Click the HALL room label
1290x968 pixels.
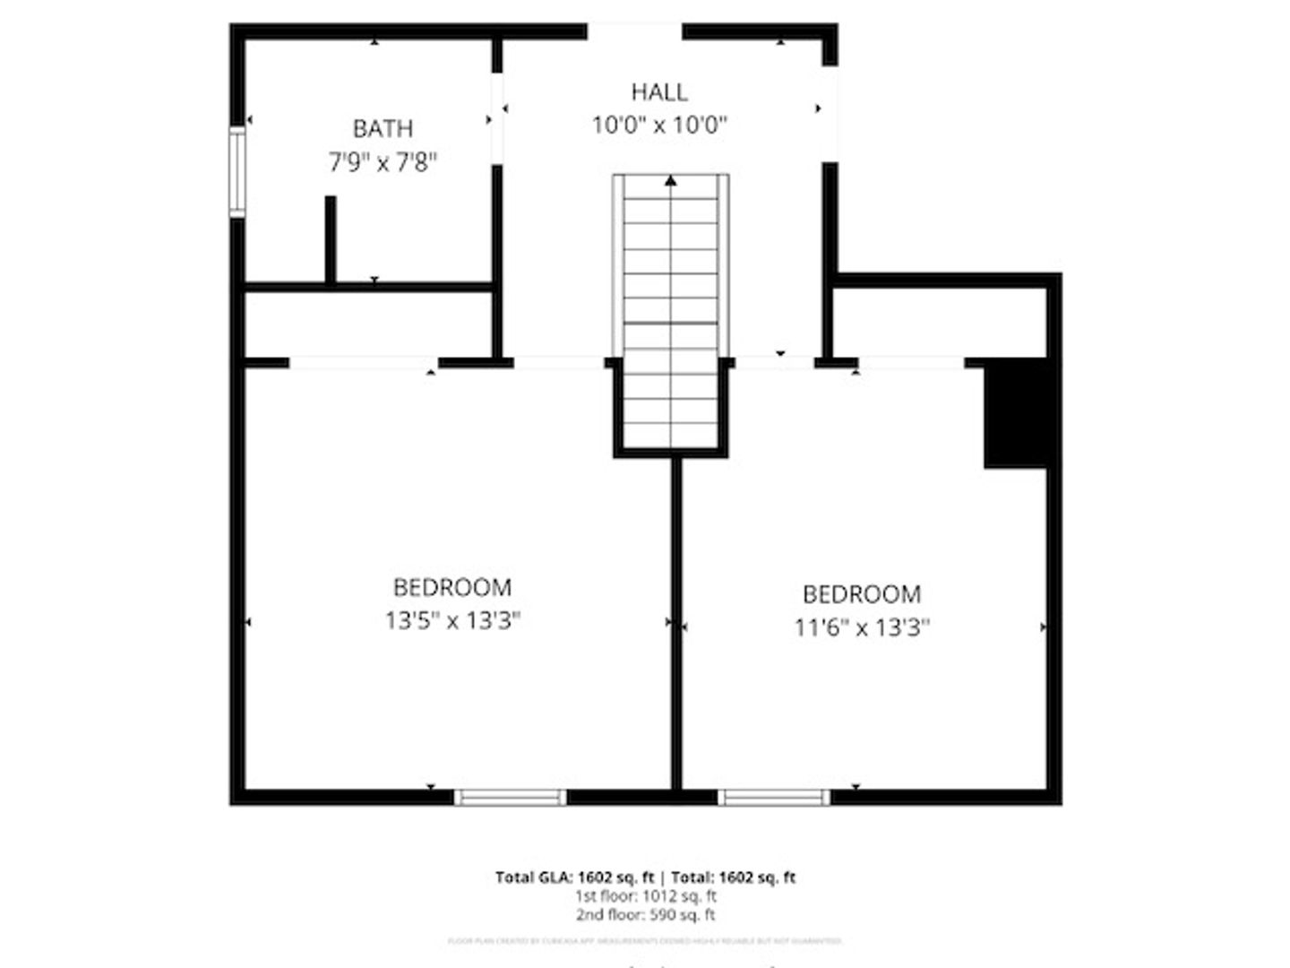tap(659, 92)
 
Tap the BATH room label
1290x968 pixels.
tap(383, 129)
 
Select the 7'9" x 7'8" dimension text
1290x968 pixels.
tap(383, 162)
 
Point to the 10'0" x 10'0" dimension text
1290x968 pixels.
tap(659, 125)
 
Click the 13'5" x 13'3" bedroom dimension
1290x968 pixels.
tap(452, 620)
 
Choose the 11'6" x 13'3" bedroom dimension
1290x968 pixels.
tap(862, 627)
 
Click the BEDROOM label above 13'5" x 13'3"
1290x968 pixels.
tap(452, 588)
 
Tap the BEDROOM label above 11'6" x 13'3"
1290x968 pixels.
tap(862, 594)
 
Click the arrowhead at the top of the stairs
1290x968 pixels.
tap(670, 181)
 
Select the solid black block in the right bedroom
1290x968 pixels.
tap(1016, 412)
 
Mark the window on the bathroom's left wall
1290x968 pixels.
tap(236, 172)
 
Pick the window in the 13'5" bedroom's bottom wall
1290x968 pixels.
tap(511, 797)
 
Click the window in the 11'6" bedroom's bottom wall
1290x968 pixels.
tap(775, 797)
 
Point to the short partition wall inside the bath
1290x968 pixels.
tap(331, 239)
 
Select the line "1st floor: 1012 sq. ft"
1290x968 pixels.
tap(645, 896)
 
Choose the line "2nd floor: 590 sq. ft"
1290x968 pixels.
tap(645, 915)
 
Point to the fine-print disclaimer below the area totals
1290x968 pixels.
tap(645, 941)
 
